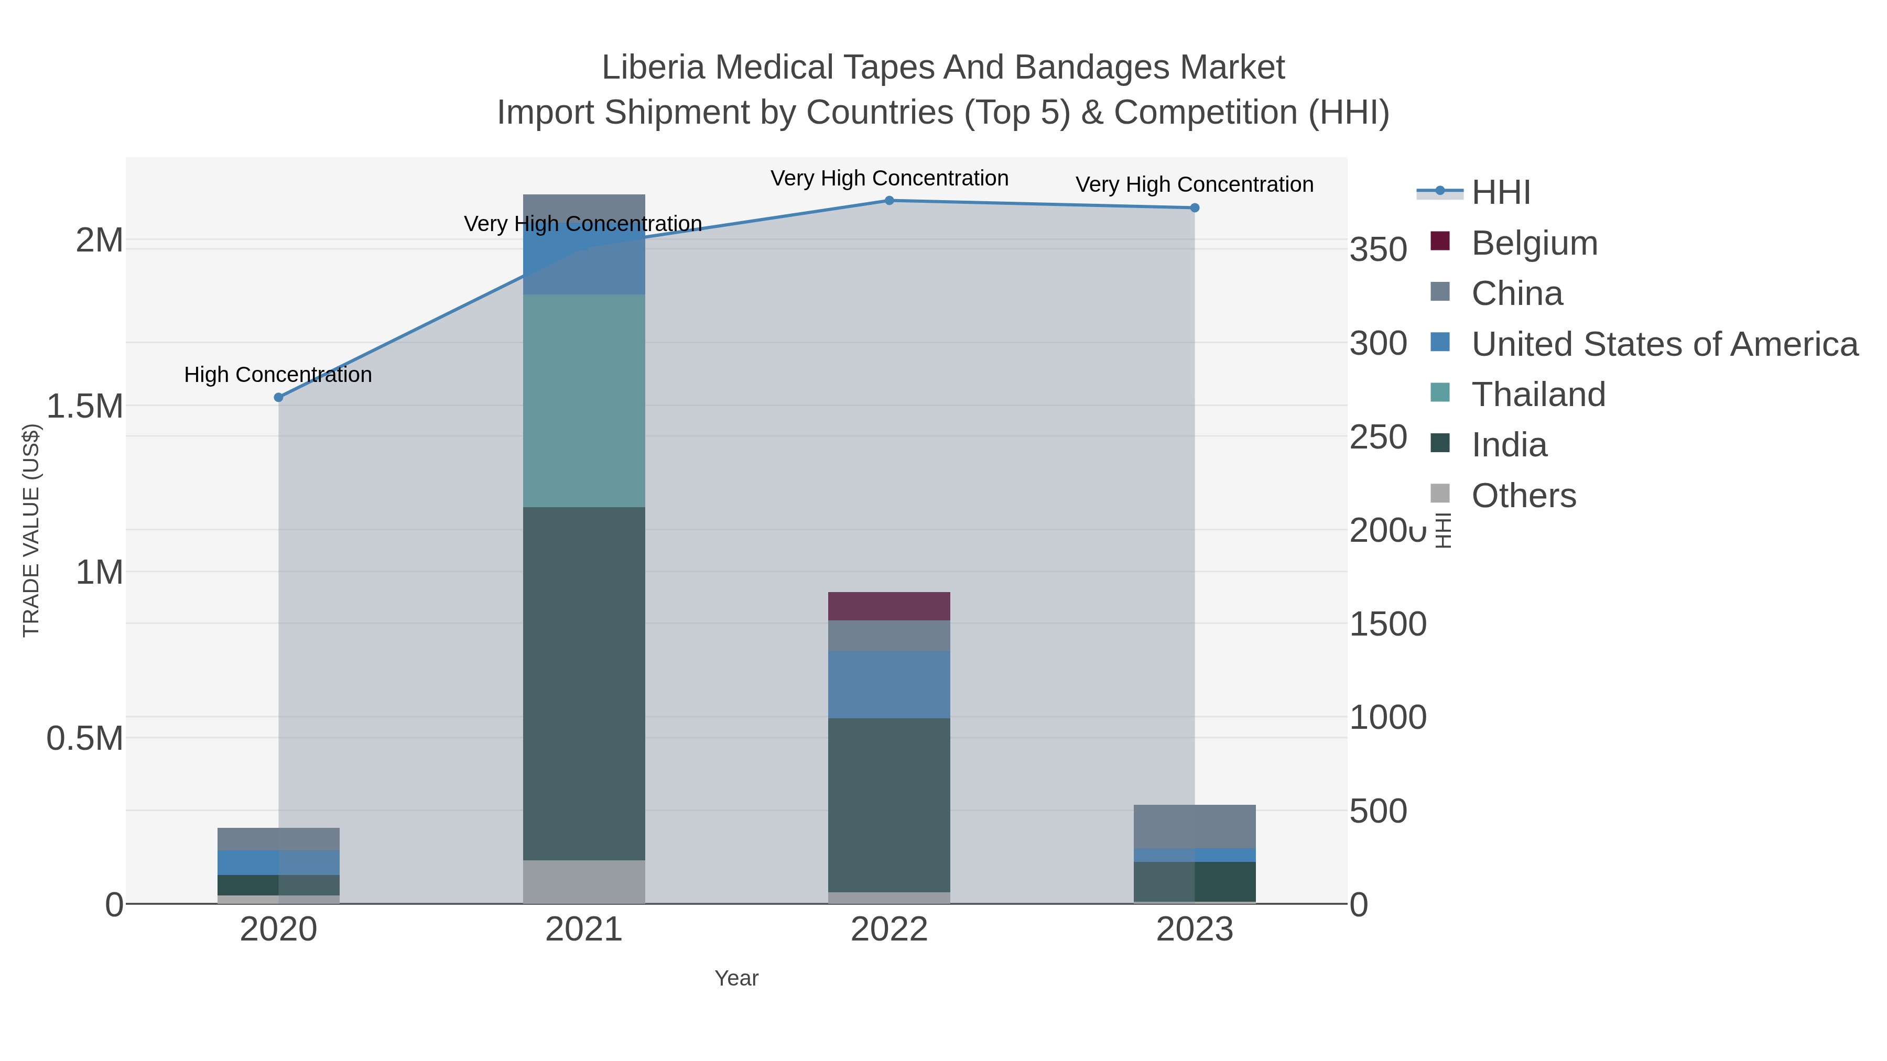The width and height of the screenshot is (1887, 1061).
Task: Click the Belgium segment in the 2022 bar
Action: (x=888, y=606)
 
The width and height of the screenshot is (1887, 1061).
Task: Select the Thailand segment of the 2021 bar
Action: (x=584, y=400)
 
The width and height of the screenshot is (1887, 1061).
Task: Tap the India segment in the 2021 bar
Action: (x=584, y=683)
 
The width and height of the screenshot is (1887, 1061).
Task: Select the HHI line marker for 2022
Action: (x=888, y=201)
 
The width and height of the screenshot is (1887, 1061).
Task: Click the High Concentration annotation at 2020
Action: (x=278, y=375)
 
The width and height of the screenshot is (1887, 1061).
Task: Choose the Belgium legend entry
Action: (x=1534, y=243)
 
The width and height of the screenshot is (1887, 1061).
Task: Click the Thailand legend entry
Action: (x=1538, y=395)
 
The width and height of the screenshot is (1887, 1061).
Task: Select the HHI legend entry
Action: (x=1500, y=193)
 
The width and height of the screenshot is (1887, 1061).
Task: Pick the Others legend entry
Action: (x=1524, y=496)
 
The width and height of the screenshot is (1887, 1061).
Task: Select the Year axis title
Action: (x=736, y=978)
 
